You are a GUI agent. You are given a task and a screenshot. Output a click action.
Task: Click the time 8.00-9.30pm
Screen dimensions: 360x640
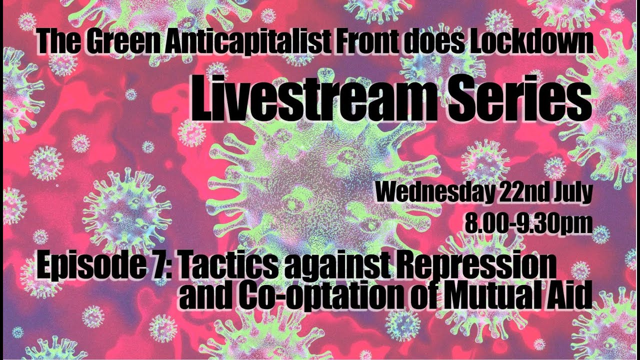[528, 223]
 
